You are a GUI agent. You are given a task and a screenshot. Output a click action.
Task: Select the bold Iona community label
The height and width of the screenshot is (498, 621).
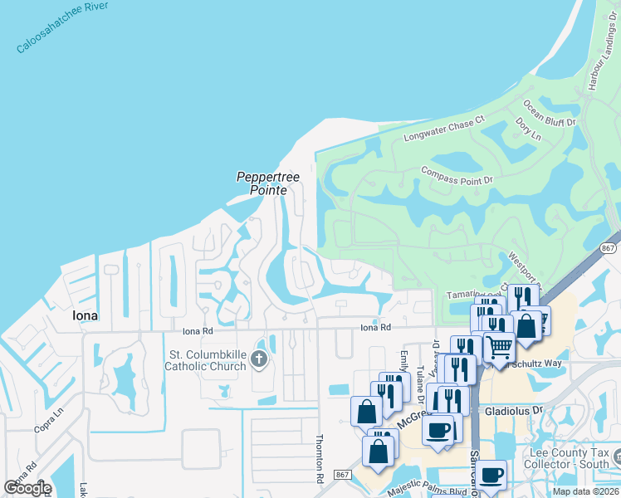pyautogui.click(x=85, y=316)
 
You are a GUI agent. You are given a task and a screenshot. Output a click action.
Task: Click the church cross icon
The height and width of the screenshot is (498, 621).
pyautogui.click(x=259, y=359)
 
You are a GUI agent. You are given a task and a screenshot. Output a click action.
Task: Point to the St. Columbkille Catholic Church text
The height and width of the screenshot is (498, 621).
pyautogui.click(x=207, y=360)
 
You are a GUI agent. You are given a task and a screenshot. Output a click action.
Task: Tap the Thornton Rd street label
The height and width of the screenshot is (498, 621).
pyautogui.click(x=319, y=459)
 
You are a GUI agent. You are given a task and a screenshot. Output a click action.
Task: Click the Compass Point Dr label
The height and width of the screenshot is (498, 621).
pyautogui.click(x=457, y=174)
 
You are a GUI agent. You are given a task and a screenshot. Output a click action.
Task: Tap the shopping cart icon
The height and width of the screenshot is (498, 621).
pyautogui.click(x=499, y=346)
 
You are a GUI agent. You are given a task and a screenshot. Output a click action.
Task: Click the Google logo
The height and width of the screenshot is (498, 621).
pyautogui.click(x=27, y=487)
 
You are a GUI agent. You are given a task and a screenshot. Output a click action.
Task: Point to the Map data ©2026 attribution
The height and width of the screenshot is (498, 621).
pyautogui.click(x=585, y=491)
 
